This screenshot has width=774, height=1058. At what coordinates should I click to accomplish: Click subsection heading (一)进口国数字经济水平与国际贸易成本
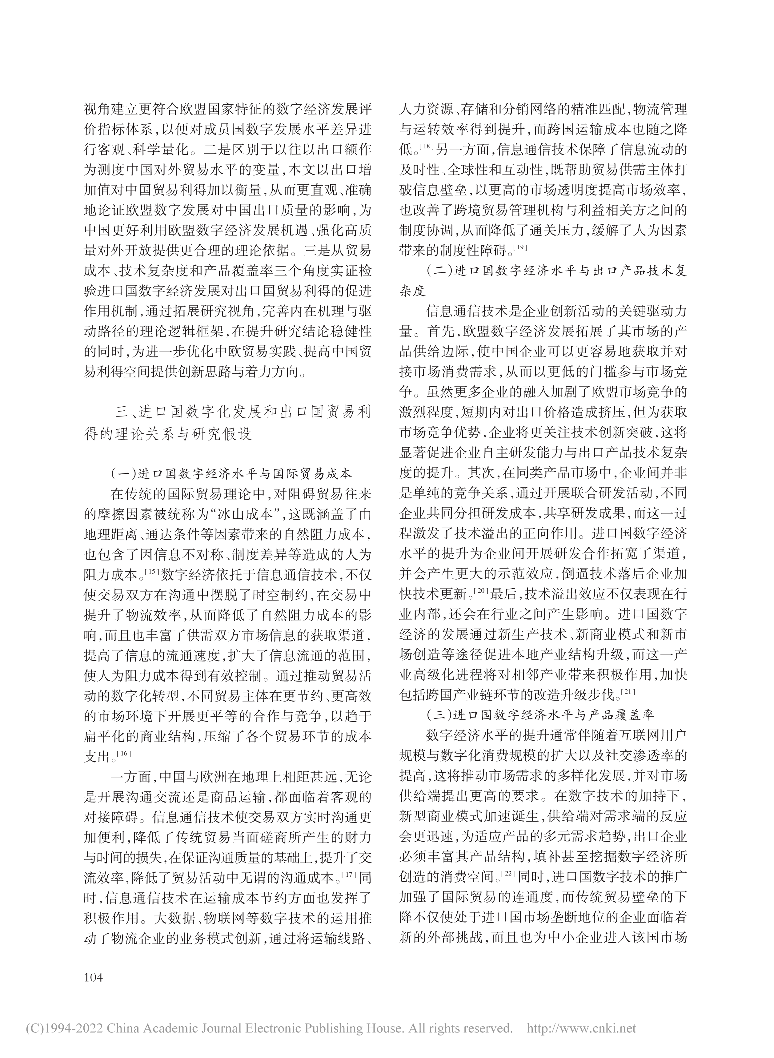[231, 473]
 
